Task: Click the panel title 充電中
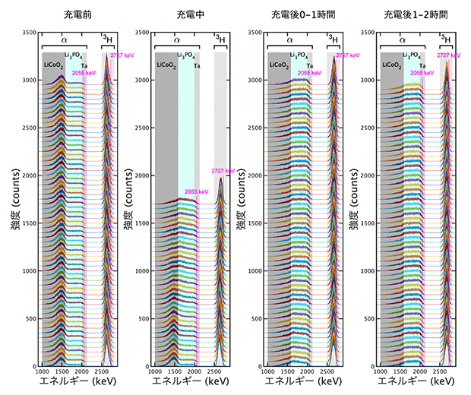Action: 190,16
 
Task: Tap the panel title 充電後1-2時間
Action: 415,16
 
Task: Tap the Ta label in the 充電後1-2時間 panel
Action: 422,65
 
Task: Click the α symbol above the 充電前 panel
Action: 64,38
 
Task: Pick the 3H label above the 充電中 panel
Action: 220,38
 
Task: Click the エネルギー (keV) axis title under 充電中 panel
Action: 190,383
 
